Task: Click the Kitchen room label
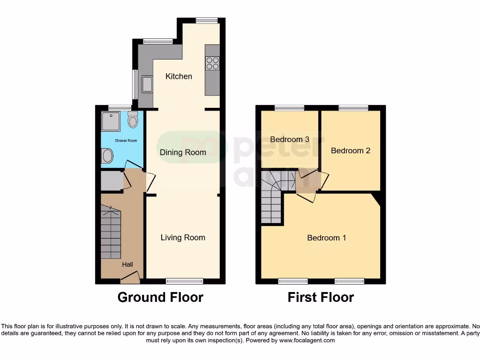pos(179,76)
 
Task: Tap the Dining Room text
pos(183,152)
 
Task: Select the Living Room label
pos(183,238)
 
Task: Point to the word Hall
pos(127,265)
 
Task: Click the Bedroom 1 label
pos(327,238)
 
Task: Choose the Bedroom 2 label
pos(351,150)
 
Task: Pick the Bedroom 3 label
pos(290,139)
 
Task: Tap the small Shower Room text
pos(126,141)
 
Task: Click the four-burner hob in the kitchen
pos(212,63)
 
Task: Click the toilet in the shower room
pos(133,120)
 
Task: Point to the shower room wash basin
pos(107,155)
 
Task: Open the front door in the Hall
pos(130,278)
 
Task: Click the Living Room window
pos(184,281)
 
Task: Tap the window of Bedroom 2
pos(353,108)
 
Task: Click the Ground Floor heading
pos(160,298)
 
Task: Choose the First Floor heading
pos(321,298)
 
